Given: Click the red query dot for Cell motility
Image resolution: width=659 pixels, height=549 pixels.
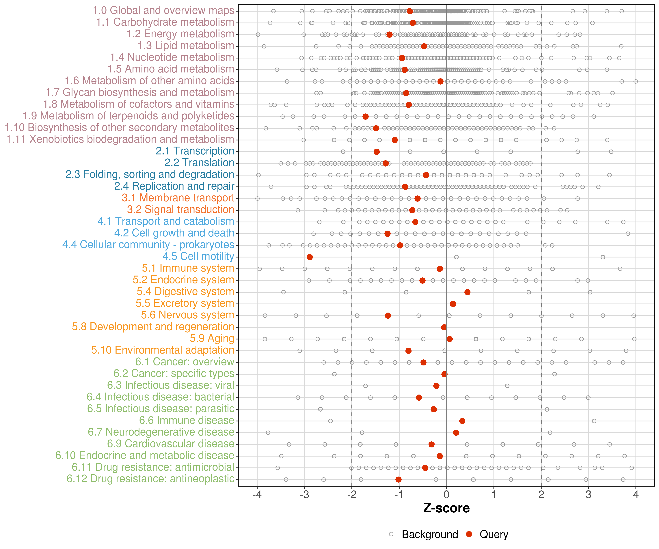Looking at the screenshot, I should point(310,257).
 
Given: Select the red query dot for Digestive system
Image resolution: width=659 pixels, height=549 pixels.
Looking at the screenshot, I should point(467,292).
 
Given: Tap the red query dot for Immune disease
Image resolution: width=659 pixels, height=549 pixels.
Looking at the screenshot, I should point(462,421).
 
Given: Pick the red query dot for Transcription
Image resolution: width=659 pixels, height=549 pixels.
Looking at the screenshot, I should point(377,152).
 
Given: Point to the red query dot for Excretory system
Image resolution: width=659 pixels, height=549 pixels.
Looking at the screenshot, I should point(453,304).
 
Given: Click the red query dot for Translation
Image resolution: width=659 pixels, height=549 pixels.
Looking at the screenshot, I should point(386,163).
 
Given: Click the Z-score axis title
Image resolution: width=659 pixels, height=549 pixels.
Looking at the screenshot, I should point(446,508).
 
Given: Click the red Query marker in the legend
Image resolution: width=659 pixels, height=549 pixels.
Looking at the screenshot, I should point(469,534).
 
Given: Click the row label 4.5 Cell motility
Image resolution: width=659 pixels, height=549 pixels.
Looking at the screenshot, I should point(198,256).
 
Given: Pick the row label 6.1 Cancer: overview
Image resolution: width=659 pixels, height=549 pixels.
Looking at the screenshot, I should point(185,362).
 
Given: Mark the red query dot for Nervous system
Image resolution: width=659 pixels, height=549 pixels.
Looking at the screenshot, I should point(388,316).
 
